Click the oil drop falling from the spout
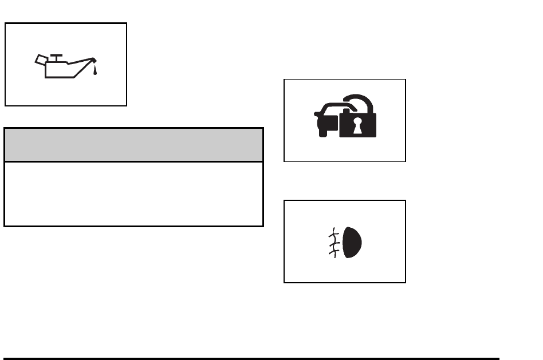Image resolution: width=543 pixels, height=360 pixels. pos(96,71)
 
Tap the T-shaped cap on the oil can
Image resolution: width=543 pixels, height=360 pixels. pos(56,56)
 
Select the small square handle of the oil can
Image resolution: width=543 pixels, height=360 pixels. pos(40,59)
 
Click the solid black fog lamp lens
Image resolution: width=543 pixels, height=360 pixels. pos(354,241)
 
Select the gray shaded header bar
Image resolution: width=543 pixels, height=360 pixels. pos(133,145)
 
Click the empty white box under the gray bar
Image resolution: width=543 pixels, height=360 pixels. pos(133,193)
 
